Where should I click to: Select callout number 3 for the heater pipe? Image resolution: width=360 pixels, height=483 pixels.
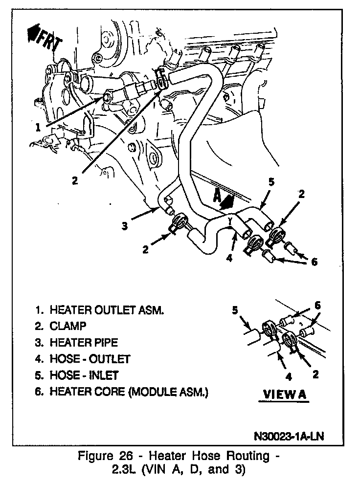[x=126, y=225]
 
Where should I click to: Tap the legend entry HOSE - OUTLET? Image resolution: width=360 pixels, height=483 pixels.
[x=90, y=359]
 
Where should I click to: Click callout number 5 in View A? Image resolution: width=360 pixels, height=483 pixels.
[x=235, y=310]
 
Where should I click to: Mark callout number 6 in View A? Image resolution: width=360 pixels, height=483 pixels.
[x=317, y=305]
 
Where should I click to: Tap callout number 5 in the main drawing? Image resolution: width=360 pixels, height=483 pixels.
[x=271, y=182]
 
